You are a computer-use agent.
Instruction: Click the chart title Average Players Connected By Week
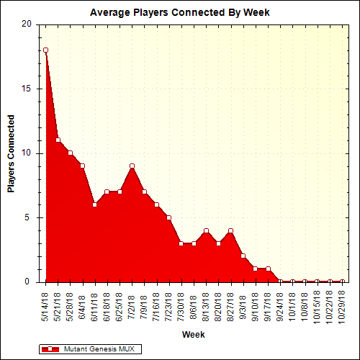pos(179,13)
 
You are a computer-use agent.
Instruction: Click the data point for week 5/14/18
pos(45,50)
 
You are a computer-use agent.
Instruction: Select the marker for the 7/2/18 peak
pos(132,166)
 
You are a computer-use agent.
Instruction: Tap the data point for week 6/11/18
pos(94,204)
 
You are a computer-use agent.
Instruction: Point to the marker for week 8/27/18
pos(230,231)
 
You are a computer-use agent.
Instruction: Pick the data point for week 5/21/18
pos(58,140)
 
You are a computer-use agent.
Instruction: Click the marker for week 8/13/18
pos(206,231)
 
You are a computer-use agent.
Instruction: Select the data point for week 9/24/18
pos(280,282)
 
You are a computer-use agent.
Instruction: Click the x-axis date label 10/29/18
pos(342,306)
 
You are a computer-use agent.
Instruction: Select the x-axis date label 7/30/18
pos(181,306)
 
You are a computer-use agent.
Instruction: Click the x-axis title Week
pos(192,335)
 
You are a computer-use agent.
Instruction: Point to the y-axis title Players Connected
pos(11,153)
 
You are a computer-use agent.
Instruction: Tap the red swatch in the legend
pos(50,348)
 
